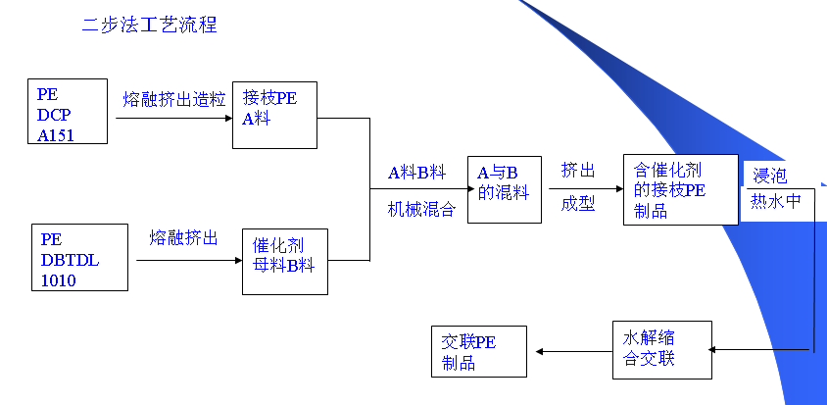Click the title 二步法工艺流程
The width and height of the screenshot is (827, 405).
(x=149, y=25)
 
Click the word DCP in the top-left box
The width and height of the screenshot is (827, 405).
(x=55, y=115)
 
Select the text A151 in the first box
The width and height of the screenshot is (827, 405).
(x=56, y=135)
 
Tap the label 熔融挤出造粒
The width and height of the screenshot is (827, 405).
(x=174, y=99)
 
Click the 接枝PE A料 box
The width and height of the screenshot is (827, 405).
(x=274, y=114)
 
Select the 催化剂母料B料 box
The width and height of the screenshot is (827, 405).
(x=284, y=261)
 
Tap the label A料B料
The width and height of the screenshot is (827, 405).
(x=416, y=173)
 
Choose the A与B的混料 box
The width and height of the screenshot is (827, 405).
(x=504, y=189)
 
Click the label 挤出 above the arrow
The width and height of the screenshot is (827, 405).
(x=578, y=171)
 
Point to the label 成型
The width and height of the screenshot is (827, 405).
(x=578, y=205)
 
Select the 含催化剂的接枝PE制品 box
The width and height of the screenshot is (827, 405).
(x=680, y=189)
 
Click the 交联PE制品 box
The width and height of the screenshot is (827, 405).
(x=478, y=352)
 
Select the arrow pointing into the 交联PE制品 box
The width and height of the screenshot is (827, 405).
(x=573, y=351)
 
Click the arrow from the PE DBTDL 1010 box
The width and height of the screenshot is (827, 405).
(x=188, y=260)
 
